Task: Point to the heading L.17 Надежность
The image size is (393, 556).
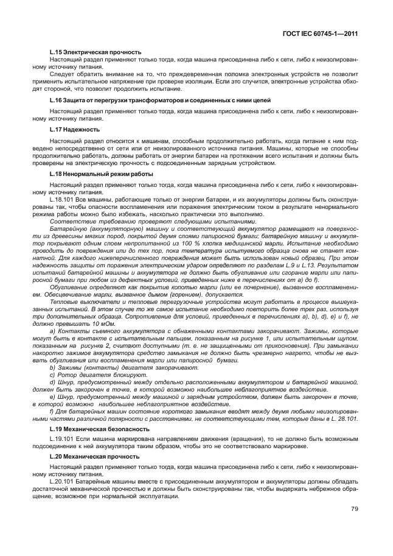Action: (x=74, y=129)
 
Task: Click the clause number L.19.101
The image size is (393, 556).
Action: (x=63, y=438)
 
